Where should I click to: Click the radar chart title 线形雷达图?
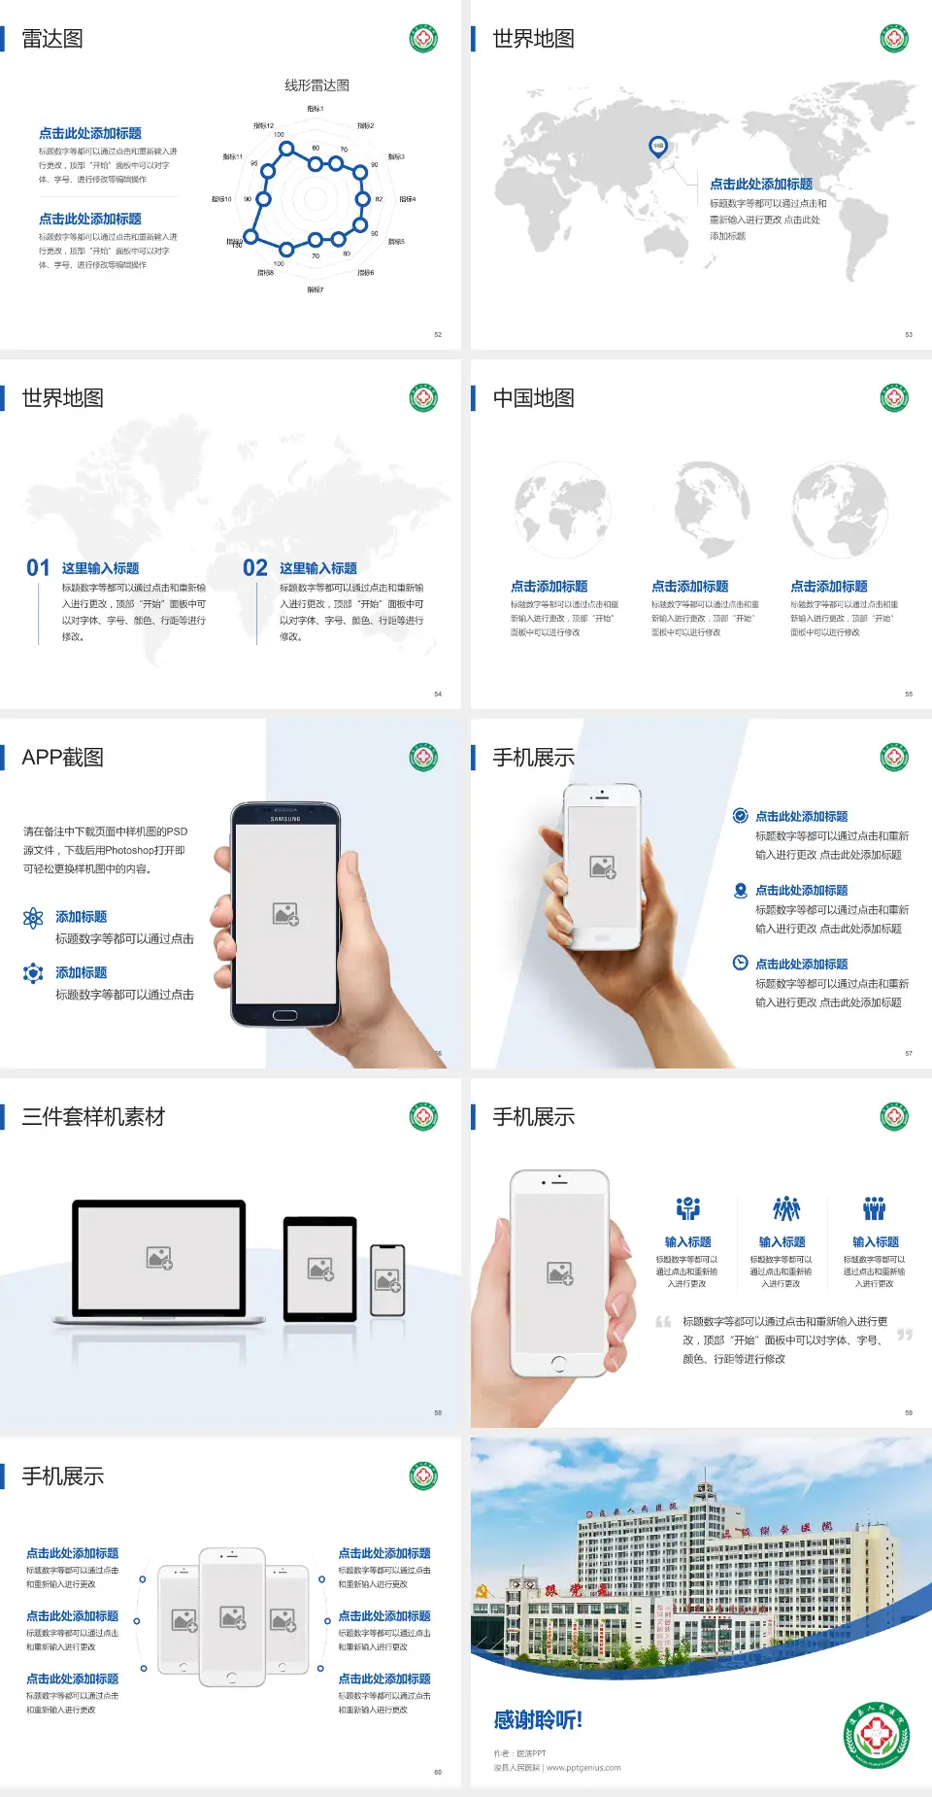(316, 85)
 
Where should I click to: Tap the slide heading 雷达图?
(52, 39)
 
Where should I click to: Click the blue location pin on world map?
(658, 147)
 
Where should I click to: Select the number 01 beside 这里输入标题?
(38, 568)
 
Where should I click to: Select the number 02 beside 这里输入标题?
(255, 568)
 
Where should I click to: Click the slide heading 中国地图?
(533, 398)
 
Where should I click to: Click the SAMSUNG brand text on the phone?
(285, 819)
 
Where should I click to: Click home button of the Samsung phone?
(284, 1015)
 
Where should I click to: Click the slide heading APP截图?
(63, 758)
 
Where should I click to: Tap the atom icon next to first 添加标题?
(33, 918)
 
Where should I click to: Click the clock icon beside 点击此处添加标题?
(740, 963)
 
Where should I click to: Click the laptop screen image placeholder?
(159, 1258)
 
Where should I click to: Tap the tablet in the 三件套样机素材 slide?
(320, 1269)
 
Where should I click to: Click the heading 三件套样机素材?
(93, 1117)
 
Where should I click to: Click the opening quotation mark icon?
(663, 1322)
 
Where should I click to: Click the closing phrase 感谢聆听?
(538, 1720)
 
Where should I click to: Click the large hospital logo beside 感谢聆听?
(877, 1735)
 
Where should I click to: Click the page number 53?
(909, 334)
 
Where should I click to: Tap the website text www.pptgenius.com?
(583, 1768)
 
